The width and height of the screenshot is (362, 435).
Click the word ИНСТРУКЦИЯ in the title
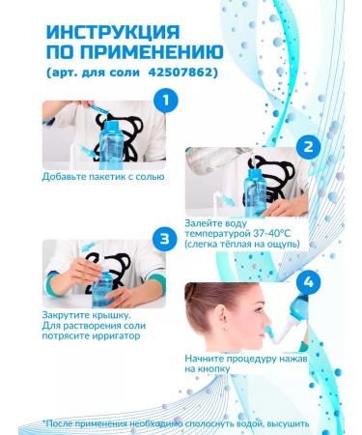coord(113,32)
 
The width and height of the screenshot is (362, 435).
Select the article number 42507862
coord(182,72)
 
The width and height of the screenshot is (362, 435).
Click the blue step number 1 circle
coord(165,101)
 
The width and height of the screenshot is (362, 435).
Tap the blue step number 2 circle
coord(308,147)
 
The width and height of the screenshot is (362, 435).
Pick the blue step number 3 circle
coord(165,239)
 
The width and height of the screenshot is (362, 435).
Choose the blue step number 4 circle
coord(308,282)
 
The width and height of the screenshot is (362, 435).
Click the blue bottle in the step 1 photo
coord(111,145)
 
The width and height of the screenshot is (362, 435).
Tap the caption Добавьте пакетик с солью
coord(103,177)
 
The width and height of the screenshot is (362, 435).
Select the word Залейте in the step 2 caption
coord(202,223)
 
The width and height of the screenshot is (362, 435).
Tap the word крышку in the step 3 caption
coord(113,315)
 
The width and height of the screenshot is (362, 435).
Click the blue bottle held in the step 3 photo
coord(102,288)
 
